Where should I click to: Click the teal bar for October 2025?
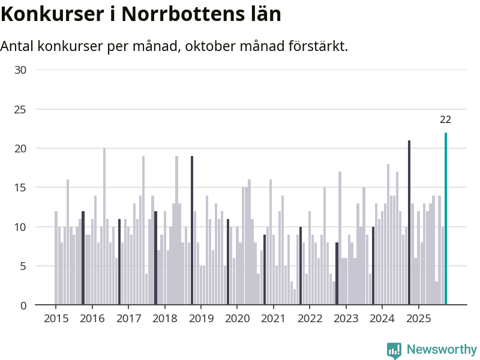coord(446,219)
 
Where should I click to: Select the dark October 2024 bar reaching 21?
coord(409,223)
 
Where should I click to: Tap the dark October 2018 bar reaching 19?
coord(192,230)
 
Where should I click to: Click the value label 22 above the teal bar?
coord(445,119)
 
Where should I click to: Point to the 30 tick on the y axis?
coord(20,70)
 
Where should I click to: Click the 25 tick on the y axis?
coord(20,109)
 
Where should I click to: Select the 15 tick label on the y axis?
coord(20,188)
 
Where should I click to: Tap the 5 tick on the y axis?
coord(23,266)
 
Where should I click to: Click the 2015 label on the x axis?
coord(56,318)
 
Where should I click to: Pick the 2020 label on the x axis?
coord(237,318)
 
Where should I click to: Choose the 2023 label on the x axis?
coord(346,318)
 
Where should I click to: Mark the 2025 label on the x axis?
coord(418,318)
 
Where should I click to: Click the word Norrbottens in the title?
coord(183,14)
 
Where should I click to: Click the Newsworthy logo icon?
coord(394,350)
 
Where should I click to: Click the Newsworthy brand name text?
coord(442,349)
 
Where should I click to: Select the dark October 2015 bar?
coord(83,258)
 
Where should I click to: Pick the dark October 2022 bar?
coord(337,274)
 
